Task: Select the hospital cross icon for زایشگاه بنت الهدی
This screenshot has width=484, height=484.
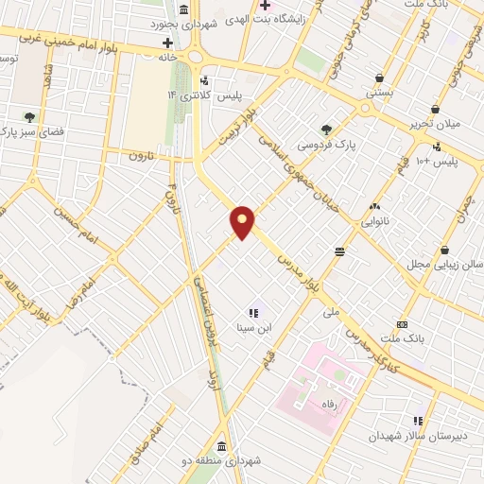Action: point(267,8)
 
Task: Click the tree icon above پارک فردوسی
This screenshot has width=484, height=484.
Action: point(326,130)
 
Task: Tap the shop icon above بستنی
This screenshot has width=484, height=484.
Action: point(379,78)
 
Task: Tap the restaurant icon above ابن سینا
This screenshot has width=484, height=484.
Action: point(252,312)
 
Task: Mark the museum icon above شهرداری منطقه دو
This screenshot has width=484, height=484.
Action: point(221,445)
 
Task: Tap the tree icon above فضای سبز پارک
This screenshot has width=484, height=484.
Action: point(30,118)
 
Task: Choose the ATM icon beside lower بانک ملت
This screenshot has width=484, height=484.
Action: point(401,325)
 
